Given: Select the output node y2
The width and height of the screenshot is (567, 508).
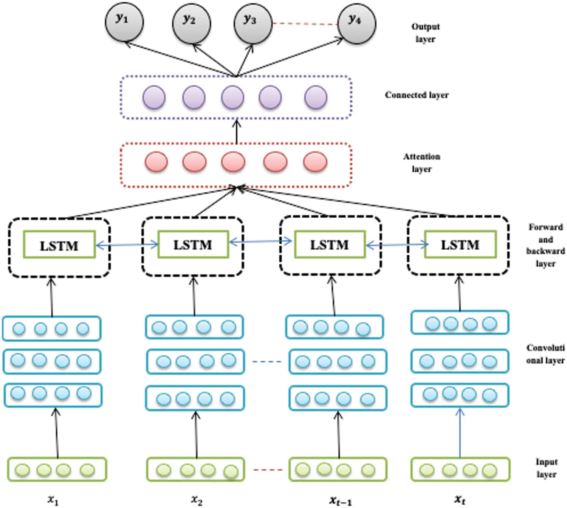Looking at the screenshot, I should pyautogui.click(x=191, y=23).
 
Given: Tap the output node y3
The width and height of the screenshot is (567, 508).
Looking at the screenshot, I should pyautogui.click(x=253, y=23).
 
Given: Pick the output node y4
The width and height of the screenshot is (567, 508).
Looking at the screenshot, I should pyautogui.click(x=356, y=23).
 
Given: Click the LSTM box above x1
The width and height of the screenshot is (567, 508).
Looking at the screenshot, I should pyautogui.click(x=59, y=245).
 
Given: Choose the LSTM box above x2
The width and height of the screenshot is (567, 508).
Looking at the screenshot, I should pyautogui.click(x=193, y=245).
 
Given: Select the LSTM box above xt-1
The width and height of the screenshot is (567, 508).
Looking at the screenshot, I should pyautogui.click(x=330, y=245).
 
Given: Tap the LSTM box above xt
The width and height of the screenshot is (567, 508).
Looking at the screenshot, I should pyautogui.click(x=460, y=245).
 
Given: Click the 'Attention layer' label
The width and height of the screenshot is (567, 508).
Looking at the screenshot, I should pyautogui.click(x=421, y=163).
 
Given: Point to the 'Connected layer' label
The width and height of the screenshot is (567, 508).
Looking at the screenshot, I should pyautogui.click(x=417, y=95).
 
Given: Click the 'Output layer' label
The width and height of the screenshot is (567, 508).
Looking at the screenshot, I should pyautogui.click(x=425, y=33).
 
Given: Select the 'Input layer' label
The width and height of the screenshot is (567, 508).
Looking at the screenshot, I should pyautogui.click(x=546, y=468).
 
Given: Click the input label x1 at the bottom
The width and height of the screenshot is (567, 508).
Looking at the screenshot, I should pyautogui.click(x=53, y=500).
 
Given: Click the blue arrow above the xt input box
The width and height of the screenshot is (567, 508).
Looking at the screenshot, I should pyautogui.click(x=460, y=433).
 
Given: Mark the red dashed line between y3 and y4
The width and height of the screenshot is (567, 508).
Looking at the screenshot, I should pyautogui.click(x=305, y=24).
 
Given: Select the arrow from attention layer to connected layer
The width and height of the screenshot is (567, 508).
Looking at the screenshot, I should pyautogui.click(x=237, y=132).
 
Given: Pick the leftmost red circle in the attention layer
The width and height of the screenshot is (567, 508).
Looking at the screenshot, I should pyautogui.click(x=156, y=162).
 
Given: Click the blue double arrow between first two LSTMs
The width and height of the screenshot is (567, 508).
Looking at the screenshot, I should pyautogui.click(x=127, y=245).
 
